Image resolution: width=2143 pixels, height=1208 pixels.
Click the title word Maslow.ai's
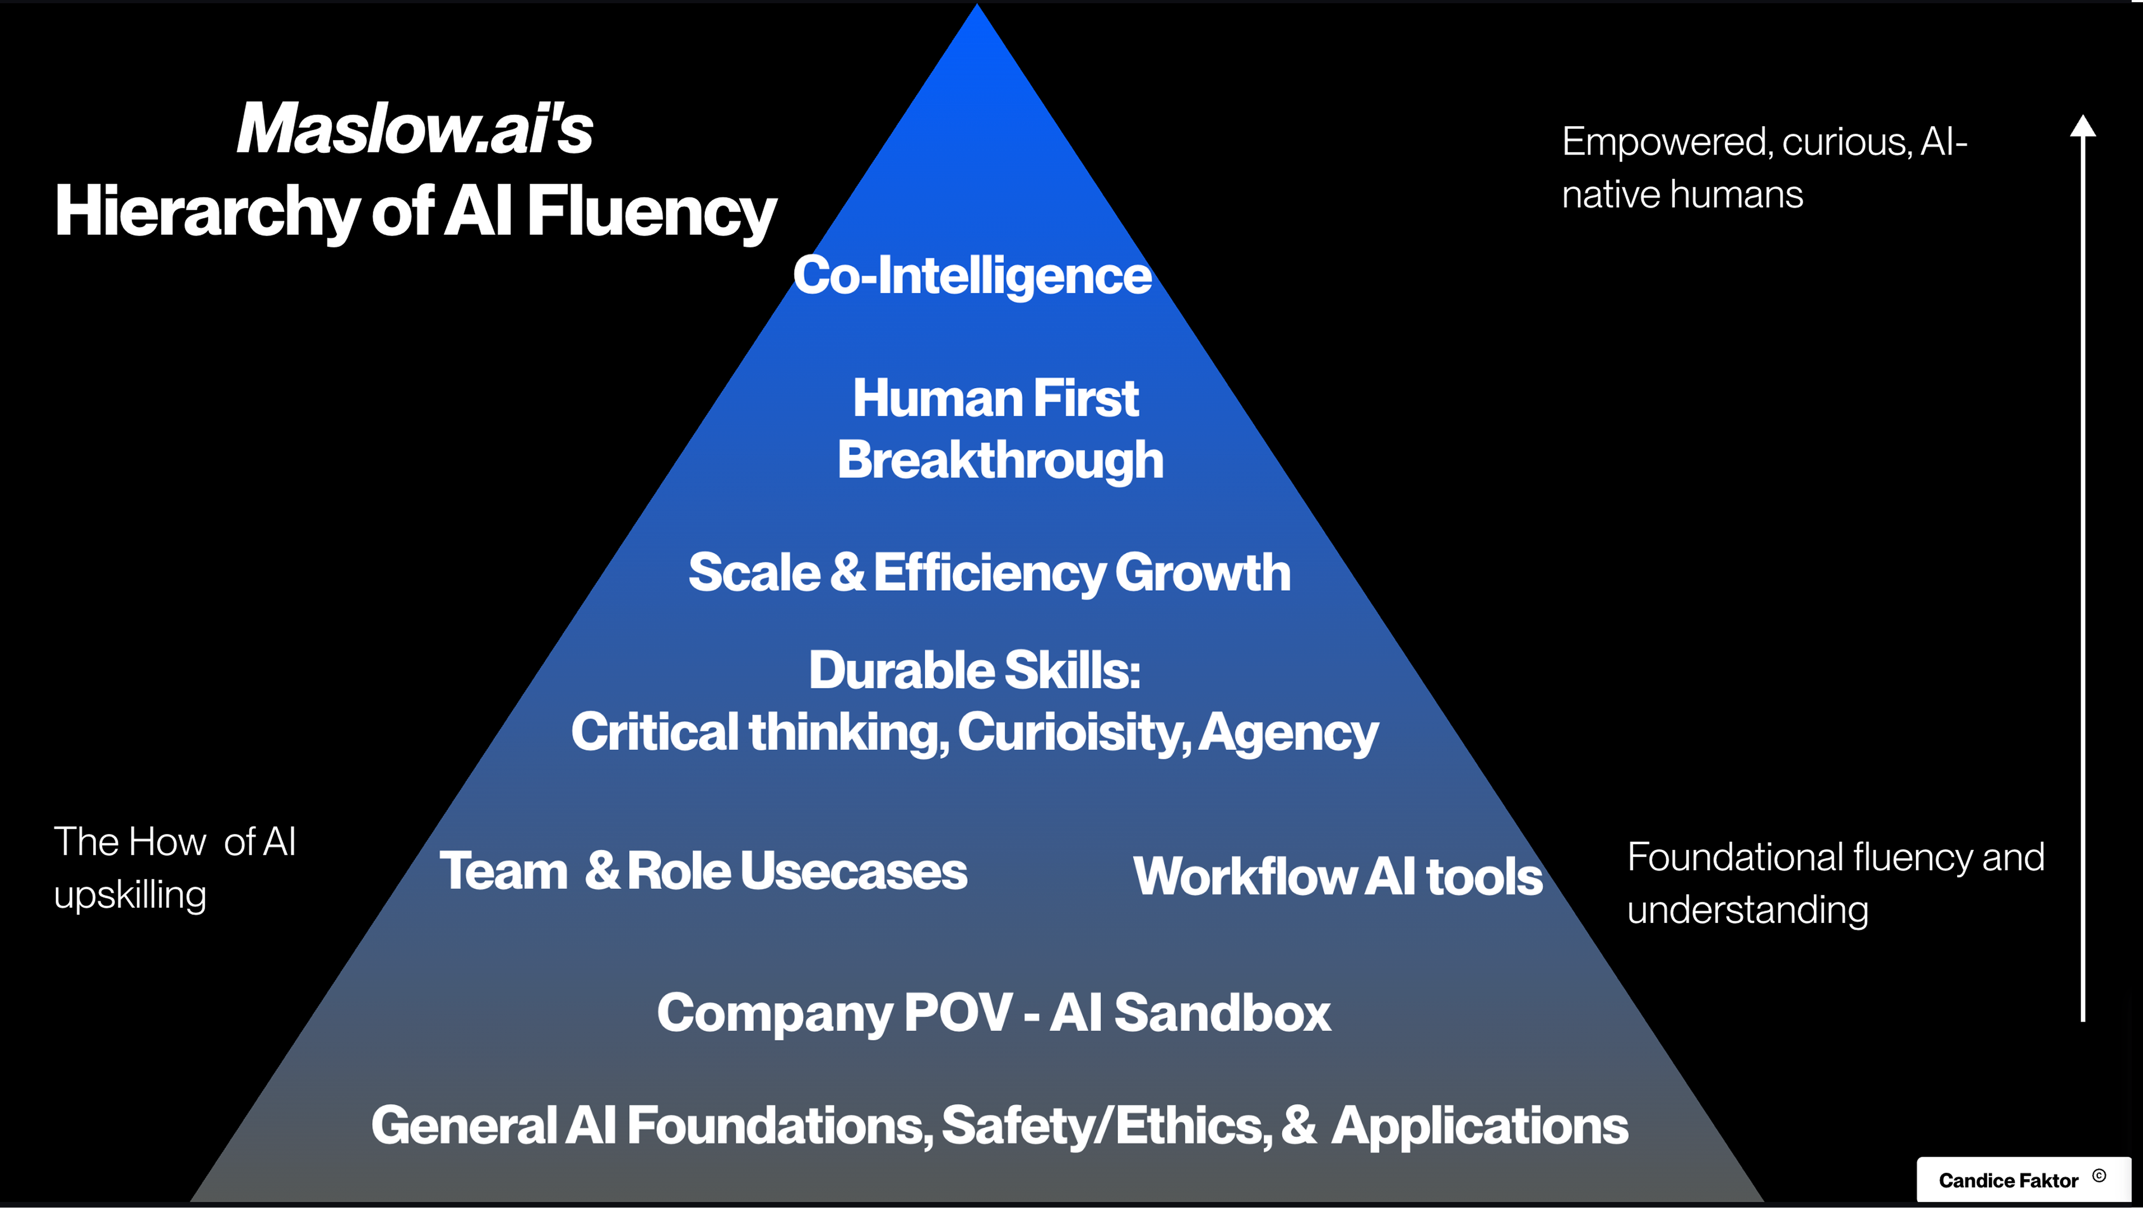coord(414,129)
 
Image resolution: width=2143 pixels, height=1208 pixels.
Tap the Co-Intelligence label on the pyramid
coord(972,276)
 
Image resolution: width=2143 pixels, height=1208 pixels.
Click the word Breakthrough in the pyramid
coord(1000,460)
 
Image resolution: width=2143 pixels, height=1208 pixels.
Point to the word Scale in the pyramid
coord(754,572)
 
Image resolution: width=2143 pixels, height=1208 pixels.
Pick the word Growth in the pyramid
coord(1202,572)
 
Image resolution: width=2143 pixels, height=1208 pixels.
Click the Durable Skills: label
coord(974,671)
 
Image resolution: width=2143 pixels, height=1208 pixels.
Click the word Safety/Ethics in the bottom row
coord(1107,1125)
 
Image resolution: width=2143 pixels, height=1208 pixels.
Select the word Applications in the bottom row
coord(1479,1125)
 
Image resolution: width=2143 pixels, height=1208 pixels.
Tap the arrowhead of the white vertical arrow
coord(2082,127)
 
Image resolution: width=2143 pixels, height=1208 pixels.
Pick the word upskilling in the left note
coord(130,895)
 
